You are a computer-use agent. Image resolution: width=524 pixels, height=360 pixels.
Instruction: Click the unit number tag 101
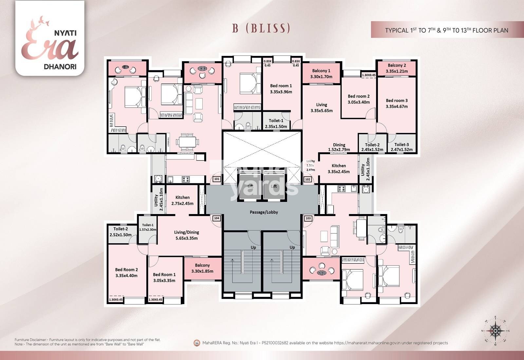click(216, 179)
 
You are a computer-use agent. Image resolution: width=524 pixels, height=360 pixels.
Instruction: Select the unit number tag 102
click(308, 179)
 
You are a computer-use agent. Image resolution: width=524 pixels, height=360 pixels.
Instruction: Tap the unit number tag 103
click(308, 218)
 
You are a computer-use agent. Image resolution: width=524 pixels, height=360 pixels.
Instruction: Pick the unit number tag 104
click(216, 218)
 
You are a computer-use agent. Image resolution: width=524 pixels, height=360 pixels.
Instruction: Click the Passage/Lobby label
click(264, 212)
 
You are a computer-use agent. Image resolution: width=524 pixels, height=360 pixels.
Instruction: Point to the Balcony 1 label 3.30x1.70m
click(321, 74)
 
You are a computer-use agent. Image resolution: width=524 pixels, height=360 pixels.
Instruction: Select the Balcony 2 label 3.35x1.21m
click(397, 68)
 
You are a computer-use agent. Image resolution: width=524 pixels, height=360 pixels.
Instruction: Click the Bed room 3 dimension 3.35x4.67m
click(397, 106)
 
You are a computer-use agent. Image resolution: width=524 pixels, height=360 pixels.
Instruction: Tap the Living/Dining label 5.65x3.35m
click(186, 235)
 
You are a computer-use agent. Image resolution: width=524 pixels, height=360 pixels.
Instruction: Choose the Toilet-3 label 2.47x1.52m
click(402, 147)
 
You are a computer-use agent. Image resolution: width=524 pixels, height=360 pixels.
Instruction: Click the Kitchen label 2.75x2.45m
click(182, 200)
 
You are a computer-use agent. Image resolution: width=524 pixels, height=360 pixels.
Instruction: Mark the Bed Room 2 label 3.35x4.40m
click(126, 273)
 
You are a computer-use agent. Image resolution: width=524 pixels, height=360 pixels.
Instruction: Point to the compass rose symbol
click(496, 331)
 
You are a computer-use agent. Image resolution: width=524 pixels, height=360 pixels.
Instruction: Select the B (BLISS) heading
click(261, 28)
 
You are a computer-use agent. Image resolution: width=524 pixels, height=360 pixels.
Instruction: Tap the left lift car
click(251, 186)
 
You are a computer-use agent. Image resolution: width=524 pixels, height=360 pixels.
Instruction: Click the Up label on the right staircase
click(292, 247)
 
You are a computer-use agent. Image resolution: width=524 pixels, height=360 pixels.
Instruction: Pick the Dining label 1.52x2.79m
click(339, 147)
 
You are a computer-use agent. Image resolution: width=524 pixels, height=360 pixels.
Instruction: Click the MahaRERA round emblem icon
click(197, 343)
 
